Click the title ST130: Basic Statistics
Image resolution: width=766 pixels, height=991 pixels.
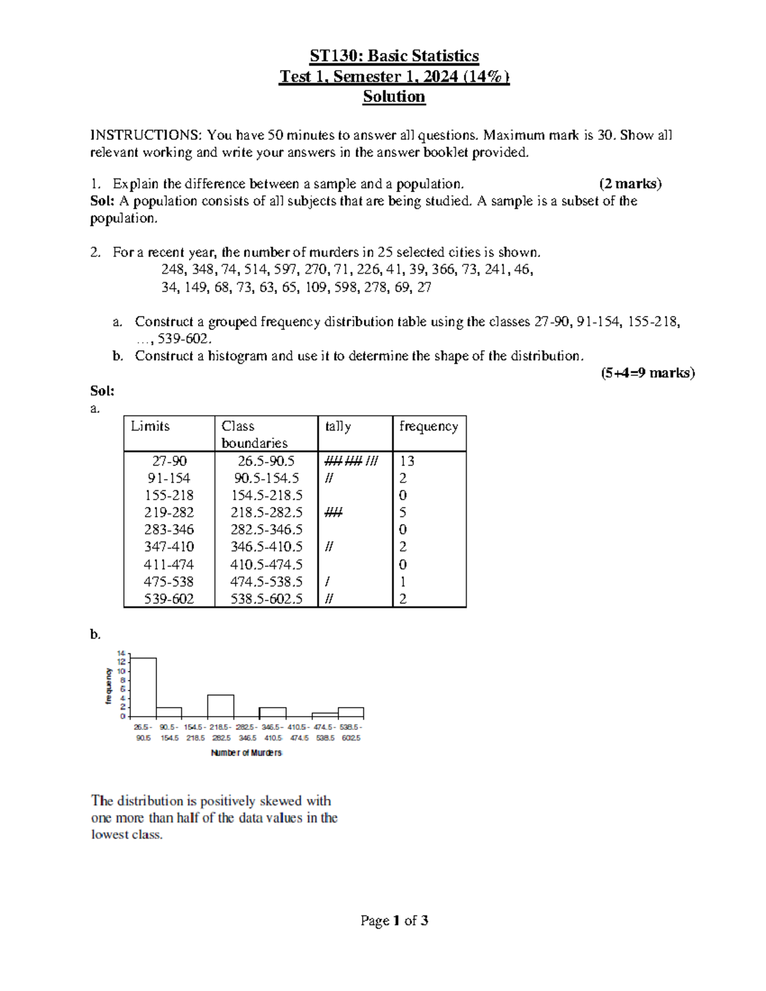394,56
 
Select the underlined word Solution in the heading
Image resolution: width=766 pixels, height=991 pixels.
394,97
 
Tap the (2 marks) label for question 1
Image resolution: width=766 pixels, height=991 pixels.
630,184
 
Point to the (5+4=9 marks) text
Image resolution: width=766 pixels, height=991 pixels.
647,373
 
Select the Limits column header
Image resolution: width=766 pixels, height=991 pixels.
150,426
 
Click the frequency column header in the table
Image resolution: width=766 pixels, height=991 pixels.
428,426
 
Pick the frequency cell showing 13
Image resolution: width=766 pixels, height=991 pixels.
407,461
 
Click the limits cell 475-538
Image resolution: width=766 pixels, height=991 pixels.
169,581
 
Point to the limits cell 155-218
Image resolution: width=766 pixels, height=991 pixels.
169,495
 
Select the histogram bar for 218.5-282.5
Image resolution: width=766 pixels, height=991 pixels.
221,706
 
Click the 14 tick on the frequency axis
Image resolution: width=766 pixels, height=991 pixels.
121,653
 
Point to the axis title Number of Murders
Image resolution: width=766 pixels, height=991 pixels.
246,753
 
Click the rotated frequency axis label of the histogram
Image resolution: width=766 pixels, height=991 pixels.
109,686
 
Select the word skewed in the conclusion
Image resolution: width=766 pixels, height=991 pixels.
282,801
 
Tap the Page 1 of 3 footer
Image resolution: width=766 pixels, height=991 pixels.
394,921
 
